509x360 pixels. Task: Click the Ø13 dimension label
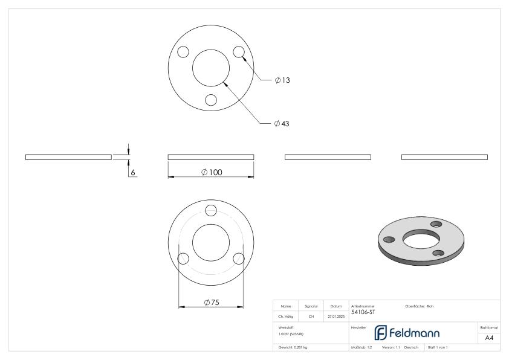282,80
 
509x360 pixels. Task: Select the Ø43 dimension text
282,123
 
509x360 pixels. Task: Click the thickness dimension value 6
133,172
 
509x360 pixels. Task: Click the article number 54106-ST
363,312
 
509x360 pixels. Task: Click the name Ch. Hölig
285,315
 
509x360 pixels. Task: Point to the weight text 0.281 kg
293,348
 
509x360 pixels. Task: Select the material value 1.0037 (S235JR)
291,333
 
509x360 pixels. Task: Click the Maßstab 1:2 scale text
361,348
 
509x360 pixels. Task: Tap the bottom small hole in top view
210,100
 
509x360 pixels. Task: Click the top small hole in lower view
211,210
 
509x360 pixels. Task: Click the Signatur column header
311,306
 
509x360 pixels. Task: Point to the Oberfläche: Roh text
419,306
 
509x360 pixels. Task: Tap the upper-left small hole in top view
184,52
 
